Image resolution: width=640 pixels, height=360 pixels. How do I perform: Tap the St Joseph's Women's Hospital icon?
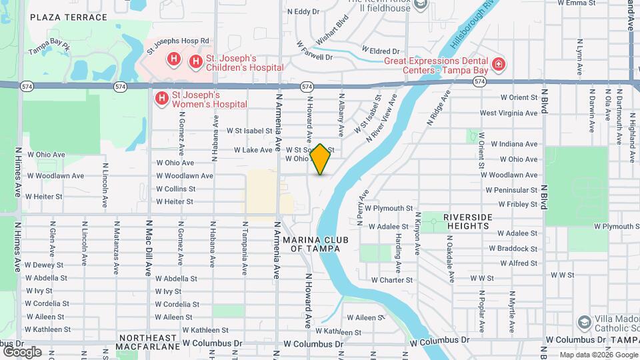pos(161,99)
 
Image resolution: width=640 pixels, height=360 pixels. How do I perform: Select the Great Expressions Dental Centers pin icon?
pos(498,65)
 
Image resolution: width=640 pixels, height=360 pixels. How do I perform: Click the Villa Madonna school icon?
pos(584,323)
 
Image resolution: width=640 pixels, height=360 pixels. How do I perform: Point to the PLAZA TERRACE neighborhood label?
pos(69,17)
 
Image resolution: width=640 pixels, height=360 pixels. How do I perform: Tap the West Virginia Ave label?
pos(509,113)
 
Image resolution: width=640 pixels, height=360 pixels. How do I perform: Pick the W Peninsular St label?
pos(513,190)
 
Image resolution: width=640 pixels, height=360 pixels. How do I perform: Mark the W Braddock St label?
pos(513,249)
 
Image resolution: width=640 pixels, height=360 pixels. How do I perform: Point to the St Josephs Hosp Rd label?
pos(178,41)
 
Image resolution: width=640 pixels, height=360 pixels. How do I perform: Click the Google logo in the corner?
pos(22,351)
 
